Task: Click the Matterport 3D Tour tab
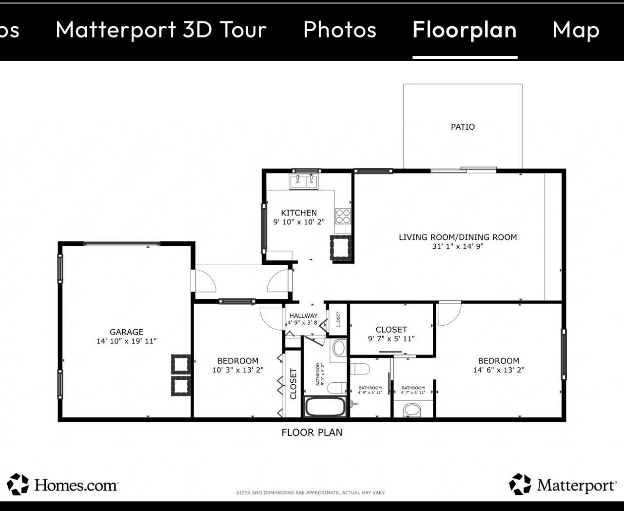click(x=161, y=30)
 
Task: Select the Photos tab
click(x=340, y=30)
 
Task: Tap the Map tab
click(x=576, y=30)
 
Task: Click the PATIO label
click(x=463, y=127)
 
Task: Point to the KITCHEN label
click(x=299, y=213)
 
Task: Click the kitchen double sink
click(x=304, y=181)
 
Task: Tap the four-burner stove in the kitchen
click(x=343, y=216)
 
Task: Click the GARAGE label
click(x=126, y=332)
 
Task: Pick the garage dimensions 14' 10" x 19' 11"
click(x=126, y=341)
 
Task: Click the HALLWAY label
click(x=303, y=315)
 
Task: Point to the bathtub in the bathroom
click(x=325, y=407)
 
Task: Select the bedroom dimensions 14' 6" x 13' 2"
click(x=498, y=370)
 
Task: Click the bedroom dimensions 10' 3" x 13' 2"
click(x=237, y=370)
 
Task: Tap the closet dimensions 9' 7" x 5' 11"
click(x=391, y=339)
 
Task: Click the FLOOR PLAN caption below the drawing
click(x=312, y=432)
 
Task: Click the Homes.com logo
click(x=62, y=485)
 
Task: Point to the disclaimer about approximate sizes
click(x=311, y=492)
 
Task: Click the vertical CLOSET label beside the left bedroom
click(x=293, y=384)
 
